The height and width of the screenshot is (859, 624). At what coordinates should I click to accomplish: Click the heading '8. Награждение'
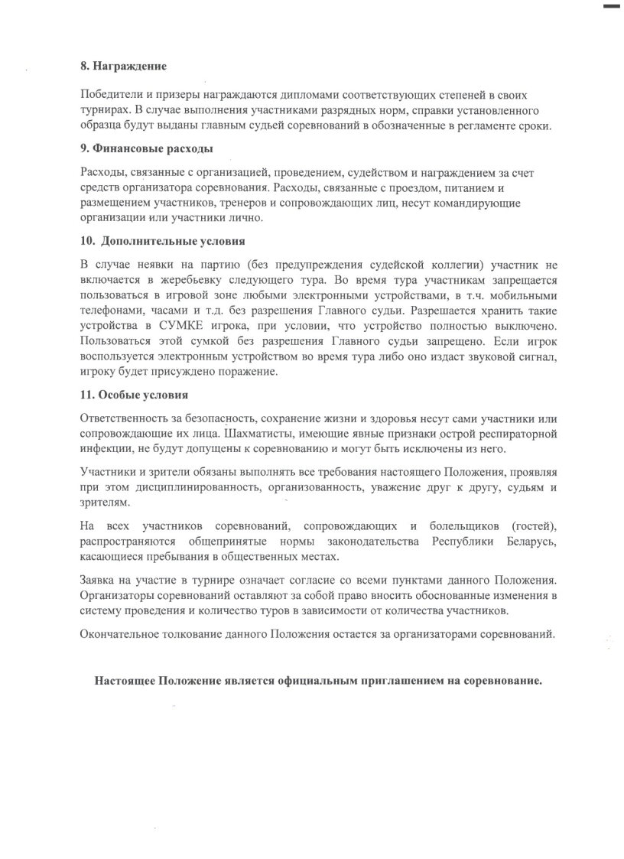tap(124, 67)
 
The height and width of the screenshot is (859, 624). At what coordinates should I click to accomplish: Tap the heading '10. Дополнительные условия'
tap(162, 241)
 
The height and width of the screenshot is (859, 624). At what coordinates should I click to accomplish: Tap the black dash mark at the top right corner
tap(613, 6)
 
